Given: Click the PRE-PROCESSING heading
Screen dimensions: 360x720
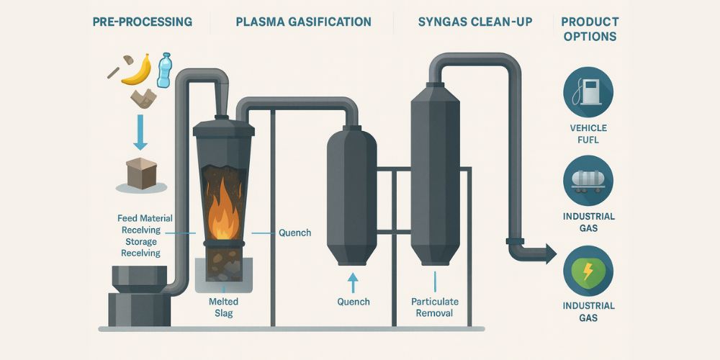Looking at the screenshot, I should pyautogui.click(x=143, y=22).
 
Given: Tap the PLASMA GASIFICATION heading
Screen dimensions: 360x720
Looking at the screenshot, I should pyautogui.click(x=303, y=22).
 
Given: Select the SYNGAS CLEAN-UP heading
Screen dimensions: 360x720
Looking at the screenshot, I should pyautogui.click(x=475, y=22).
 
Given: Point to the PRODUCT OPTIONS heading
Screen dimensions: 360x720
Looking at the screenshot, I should pyautogui.click(x=590, y=28).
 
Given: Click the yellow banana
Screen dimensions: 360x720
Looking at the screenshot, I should pyautogui.click(x=138, y=70).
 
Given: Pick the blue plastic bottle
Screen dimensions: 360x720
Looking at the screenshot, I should pyautogui.click(x=165, y=69).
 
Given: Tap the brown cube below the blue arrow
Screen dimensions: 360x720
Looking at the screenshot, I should pyautogui.click(x=141, y=173).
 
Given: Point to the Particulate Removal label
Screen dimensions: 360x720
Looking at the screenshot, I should pyautogui.click(x=434, y=307).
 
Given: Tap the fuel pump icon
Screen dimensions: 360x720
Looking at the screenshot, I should pyautogui.click(x=589, y=91).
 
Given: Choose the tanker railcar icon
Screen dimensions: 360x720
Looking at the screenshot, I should pyautogui.click(x=589, y=180).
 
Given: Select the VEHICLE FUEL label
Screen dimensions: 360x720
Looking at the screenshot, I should pyautogui.click(x=589, y=134).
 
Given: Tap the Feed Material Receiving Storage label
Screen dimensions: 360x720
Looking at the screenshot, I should pyautogui.click(x=141, y=235).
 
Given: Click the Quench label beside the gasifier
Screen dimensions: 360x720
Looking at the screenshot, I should pyautogui.click(x=294, y=233).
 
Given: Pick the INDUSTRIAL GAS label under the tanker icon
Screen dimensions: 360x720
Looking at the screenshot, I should pyautogui.click(x=589, y=222).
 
